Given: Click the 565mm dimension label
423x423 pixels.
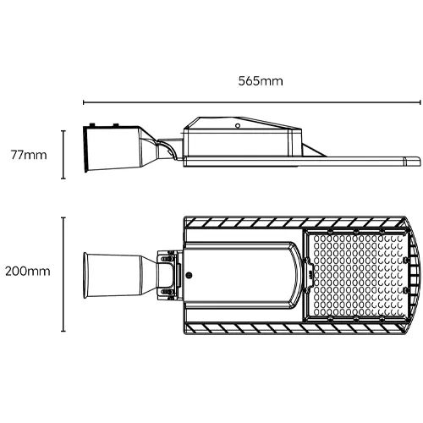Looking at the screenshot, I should [x=261, y=81].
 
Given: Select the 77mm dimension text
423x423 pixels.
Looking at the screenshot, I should [x=27, y=156].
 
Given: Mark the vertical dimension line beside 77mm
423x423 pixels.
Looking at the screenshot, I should [x=65, y=155].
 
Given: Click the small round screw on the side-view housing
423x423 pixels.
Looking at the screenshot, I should [x=239, y=125].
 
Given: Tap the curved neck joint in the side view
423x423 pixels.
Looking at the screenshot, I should [x=164, y=149].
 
